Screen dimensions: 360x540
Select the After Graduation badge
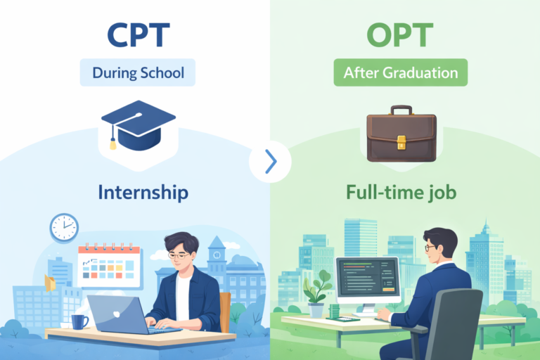(x=401, y=72)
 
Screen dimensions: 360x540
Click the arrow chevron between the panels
(x=271, y=162)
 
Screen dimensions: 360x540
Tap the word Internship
(x=138, y=191)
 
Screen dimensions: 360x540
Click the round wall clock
(x=64, y=228)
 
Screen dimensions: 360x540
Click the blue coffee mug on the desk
(x=79, y=321)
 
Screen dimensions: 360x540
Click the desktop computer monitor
(x=368, y=280)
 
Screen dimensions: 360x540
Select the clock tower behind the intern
(x=216, y=253)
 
